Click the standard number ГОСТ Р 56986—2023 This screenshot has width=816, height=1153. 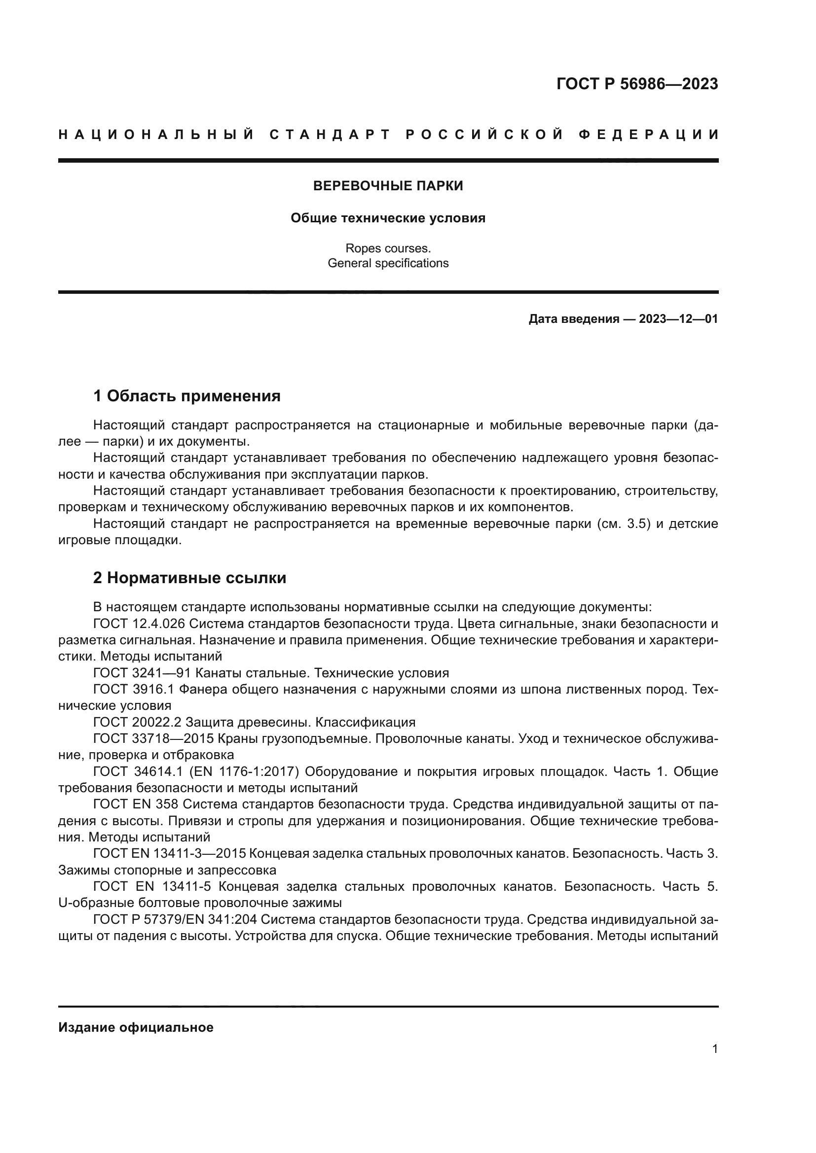click(637, 84)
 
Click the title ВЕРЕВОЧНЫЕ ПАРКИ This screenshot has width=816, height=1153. click(388, 186)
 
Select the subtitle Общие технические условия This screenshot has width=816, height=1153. click(388, 218)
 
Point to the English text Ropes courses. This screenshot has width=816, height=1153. click(388, 248)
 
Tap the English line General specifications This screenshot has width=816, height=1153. click(388, 263)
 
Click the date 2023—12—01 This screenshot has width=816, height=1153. click(678, 319)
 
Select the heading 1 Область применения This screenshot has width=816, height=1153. click(187, 396)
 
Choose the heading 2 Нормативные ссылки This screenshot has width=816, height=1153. click(189, 578)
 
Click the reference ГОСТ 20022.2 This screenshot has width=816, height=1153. click(137, 722)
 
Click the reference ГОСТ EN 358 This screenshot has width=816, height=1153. click(136, 804)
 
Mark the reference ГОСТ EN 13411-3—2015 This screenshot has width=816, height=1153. click(169, 853)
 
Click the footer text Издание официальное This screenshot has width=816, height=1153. click(136, 1027)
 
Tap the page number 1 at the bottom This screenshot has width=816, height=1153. click(714, 1048)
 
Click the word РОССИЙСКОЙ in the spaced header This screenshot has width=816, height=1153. click(484, 135)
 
